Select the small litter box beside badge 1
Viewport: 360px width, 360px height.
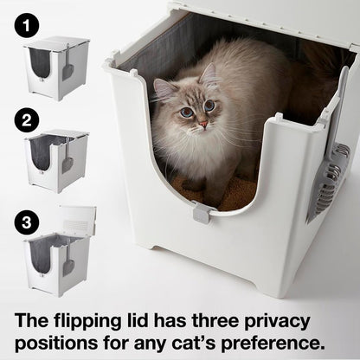pos(59,67)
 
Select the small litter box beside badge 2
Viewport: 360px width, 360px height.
pos(59,160)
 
